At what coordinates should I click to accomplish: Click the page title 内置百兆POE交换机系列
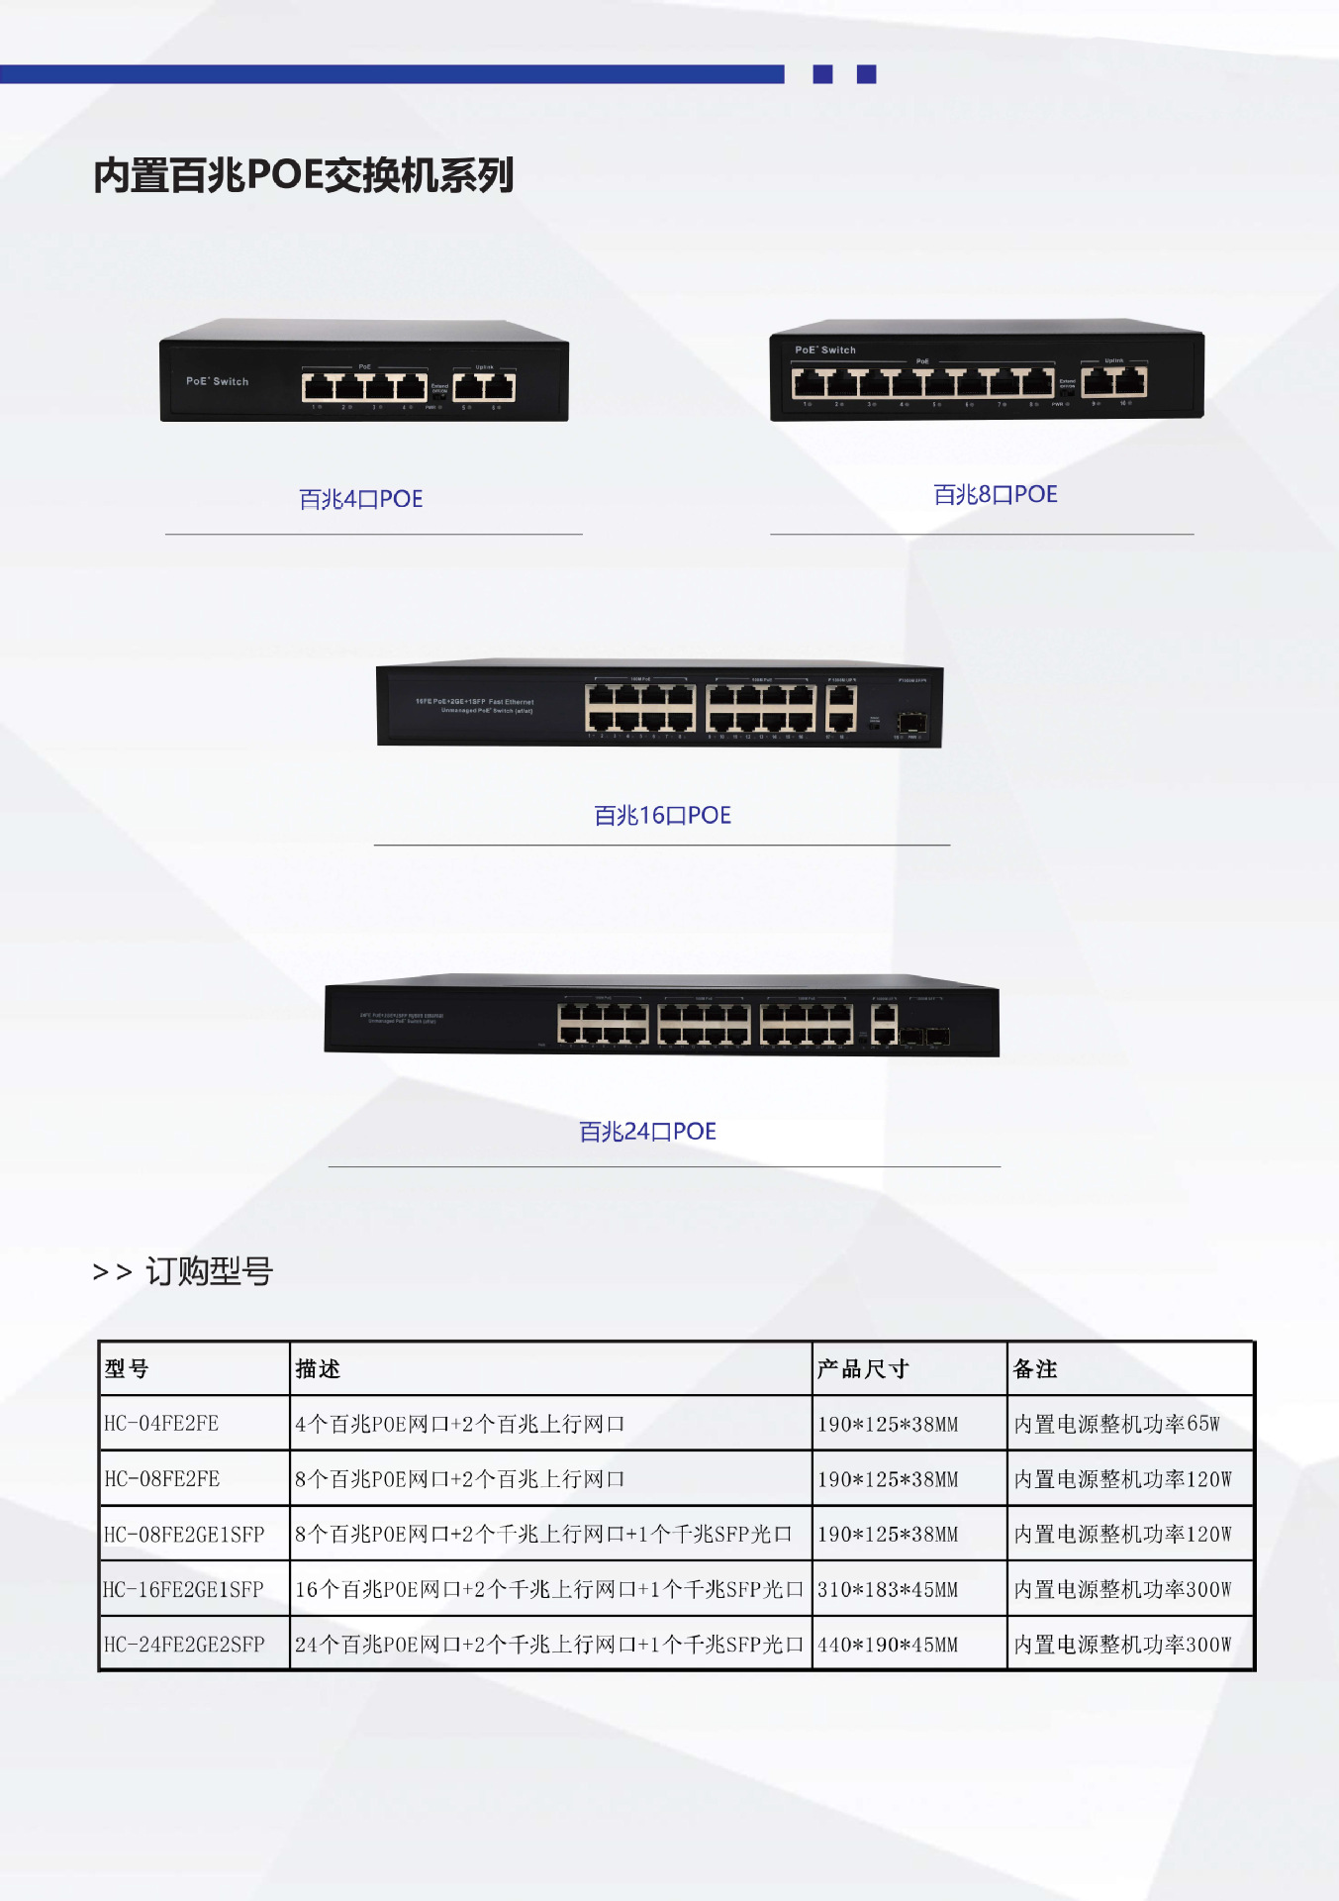303,175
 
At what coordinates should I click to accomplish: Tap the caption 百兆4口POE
360,499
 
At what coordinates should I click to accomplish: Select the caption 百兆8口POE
995,494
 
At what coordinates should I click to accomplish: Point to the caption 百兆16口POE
662,815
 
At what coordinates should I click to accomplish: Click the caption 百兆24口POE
647,1131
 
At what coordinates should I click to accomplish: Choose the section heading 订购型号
208,1270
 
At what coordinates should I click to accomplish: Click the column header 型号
127,1368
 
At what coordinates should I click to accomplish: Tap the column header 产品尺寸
862,1368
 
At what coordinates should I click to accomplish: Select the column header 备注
1035,1368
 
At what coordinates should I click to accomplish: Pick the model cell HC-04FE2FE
161,1424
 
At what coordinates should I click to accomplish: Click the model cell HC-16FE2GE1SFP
184,1589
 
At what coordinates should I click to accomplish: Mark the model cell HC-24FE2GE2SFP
184,1645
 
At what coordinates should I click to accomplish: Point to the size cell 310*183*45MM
888,1589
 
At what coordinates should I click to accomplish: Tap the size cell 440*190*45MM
888,1645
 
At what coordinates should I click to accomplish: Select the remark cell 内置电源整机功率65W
1116,1424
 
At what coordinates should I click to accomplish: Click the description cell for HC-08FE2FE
460,1479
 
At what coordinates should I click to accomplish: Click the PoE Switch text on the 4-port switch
218,381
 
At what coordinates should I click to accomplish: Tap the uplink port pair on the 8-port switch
1114,380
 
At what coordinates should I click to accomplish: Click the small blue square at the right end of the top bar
866,74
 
